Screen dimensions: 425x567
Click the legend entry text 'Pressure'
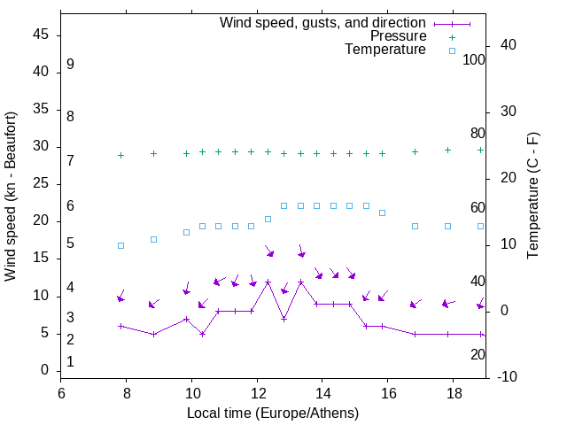point(398,36)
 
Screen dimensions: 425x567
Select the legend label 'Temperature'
point(385,50)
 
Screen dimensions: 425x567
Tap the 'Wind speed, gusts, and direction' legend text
point(323,23)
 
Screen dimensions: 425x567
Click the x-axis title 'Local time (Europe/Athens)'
point(273,413)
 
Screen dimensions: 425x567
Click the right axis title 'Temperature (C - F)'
point(532,197)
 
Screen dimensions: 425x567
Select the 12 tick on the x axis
point(258,391)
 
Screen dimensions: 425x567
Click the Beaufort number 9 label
point(70,65)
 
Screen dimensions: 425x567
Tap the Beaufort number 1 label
point(70,361)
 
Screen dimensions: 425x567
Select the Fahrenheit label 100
point(474,60)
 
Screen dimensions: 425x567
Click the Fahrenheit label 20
point(478,354)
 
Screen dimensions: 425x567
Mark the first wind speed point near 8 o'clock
point(120,326)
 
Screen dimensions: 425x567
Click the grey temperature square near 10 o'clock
point(186,232)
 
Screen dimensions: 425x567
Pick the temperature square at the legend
point(452,50)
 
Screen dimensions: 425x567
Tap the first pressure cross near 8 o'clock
point(120,155)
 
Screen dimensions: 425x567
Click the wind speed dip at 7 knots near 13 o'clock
point(284,319)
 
